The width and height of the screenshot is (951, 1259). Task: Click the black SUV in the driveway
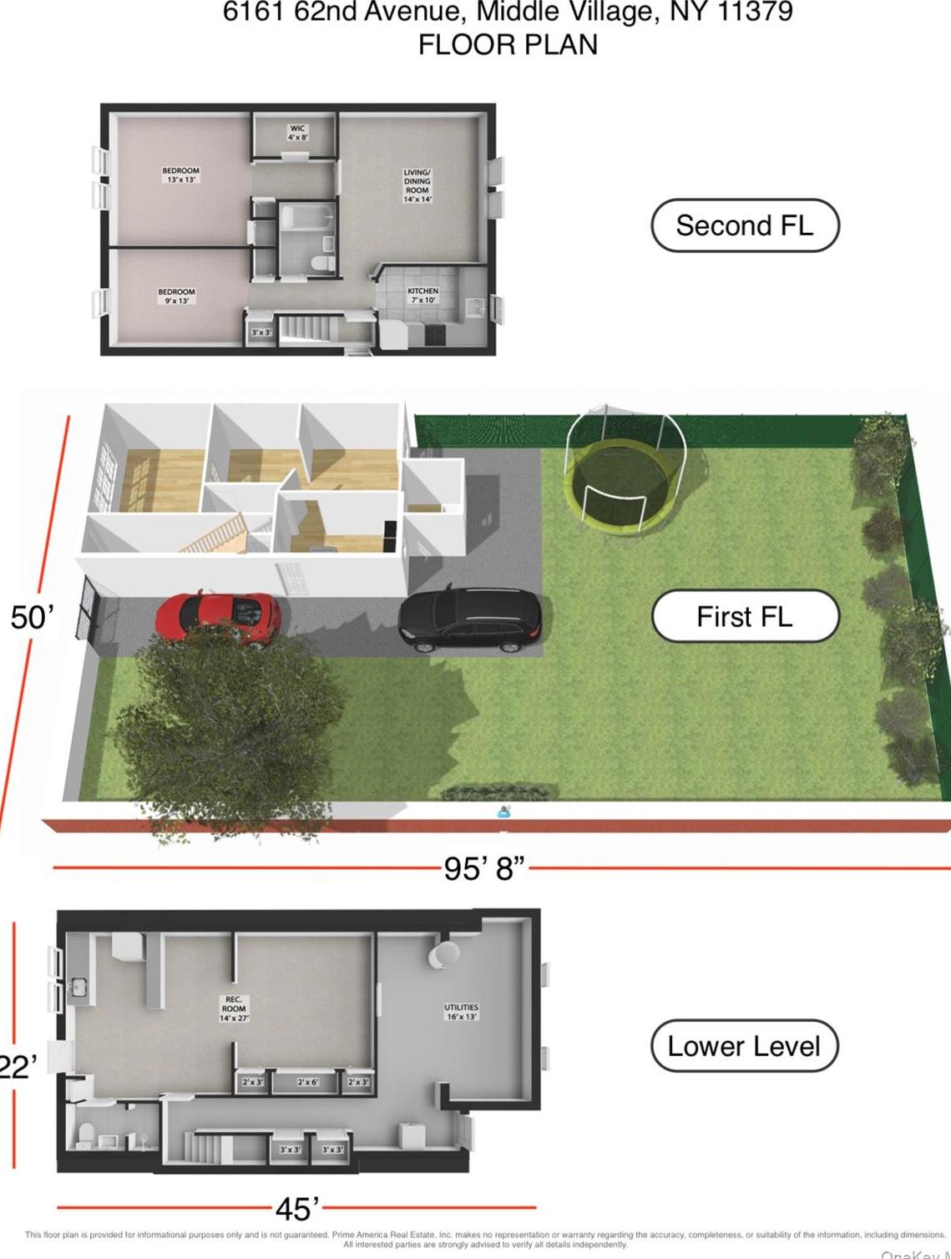tap(470, 618)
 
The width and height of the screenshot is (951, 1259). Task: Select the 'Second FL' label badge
tap(744, 225)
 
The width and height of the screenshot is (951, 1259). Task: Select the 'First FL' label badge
tap(744, 616)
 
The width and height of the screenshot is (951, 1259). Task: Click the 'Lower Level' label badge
tap(744, 1045)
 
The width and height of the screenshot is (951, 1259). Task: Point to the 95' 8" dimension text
tap(484, 868)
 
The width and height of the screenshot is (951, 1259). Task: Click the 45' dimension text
tap(297, 1208)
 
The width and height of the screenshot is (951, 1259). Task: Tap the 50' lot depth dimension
tap(32, 617)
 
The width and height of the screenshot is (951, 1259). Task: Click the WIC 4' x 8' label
tap(297, 133)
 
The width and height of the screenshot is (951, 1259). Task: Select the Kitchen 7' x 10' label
tap(422, 296)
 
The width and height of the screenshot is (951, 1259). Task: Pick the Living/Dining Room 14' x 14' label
tap(417, 185)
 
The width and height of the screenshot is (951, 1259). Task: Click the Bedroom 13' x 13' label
tap(180, 174)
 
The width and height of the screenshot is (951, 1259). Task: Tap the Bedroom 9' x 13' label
tap(176, 296)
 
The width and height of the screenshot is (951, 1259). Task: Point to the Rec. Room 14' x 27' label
tap(234, 1009)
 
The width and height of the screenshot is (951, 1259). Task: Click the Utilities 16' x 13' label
tap(461, 1012)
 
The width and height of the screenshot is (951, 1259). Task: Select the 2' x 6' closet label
tap(307, 1082)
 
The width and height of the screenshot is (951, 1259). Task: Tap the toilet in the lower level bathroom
tap(84, 1132)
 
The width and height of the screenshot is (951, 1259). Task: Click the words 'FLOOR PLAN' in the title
tap(508, 44)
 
